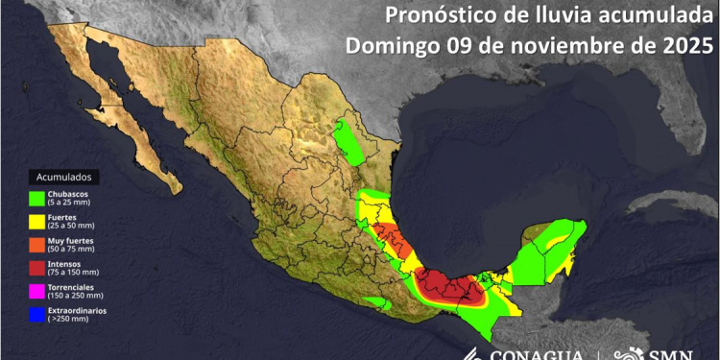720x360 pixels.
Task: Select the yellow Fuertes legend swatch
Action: pyautogui.click(x=38, y=222)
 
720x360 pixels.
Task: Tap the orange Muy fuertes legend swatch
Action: pyautogui.click(x=38, y=244)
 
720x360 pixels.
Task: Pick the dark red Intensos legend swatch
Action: pyautogui.click(x=38, y=267)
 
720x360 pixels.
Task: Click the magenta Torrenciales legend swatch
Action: pyautogui.click(x=38, y=290)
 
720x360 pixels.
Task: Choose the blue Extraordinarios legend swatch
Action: pyautogui.click(x=38, y=314)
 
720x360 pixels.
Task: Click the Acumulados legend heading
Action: pyautogui.click(x=66, y=178)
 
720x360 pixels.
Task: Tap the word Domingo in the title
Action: pyautogui.click(x=384, y=45)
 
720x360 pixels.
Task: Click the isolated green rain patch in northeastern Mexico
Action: pyautogui.click(x=348, y=142)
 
